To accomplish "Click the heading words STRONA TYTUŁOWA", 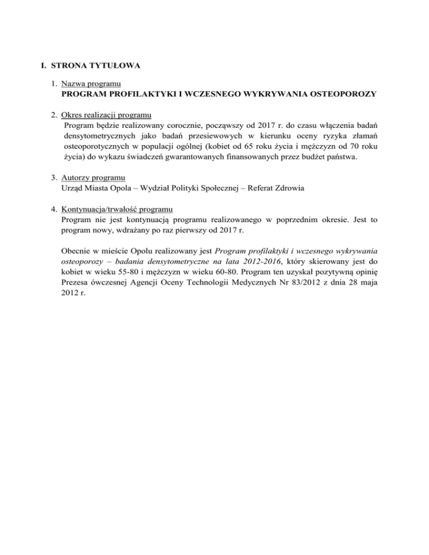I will coord(96,65).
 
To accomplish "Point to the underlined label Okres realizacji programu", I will coord(107,115).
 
